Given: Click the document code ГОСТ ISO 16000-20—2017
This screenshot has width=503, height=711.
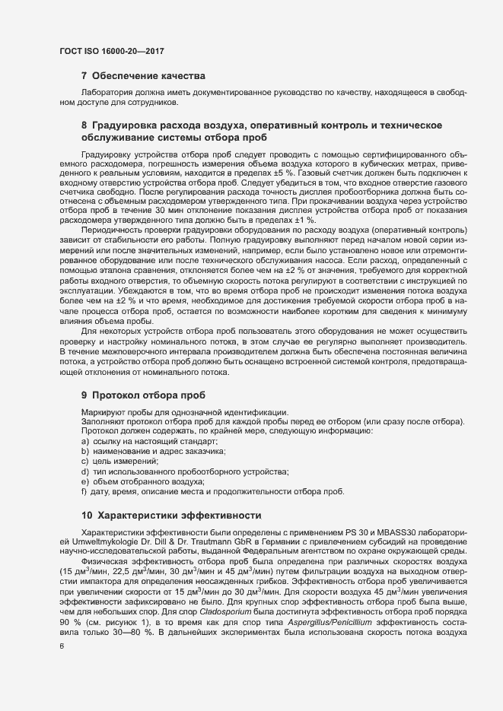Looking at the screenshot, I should pos(112,51).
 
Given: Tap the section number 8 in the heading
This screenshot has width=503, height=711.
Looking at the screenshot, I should pos(84,124).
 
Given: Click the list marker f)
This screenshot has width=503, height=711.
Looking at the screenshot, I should pos(84,492).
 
